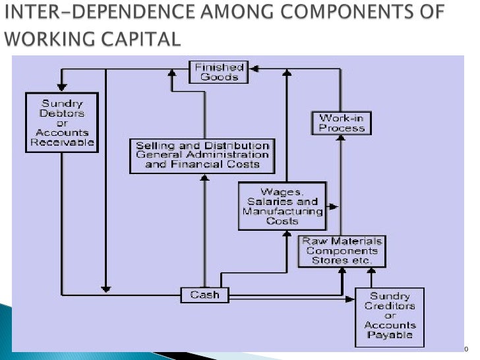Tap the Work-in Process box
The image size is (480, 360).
341,123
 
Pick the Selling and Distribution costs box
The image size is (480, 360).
202,155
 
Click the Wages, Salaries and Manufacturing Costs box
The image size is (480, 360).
282,206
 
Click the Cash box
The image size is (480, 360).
204,295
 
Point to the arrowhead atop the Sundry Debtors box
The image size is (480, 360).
61,88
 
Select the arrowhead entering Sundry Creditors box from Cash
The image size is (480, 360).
351,299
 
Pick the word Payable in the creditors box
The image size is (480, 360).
390,335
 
